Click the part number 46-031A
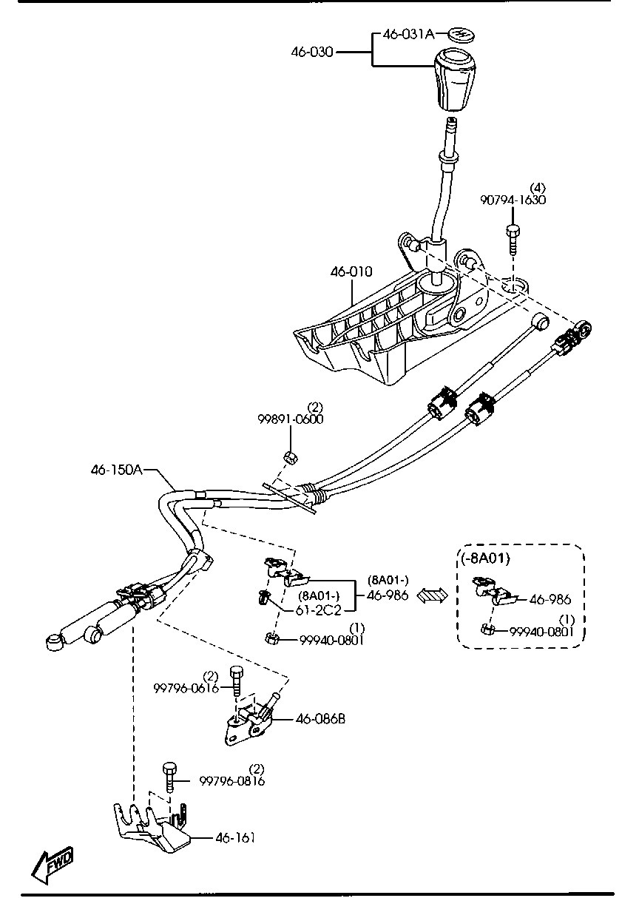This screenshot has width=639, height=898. point(408,34)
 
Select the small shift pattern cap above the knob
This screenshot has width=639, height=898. point(461,34)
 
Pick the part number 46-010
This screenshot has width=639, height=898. point(351,272)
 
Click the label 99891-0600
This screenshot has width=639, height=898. point(291,419)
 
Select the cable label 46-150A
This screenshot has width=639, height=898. point(116,469)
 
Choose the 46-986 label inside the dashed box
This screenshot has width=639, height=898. point(550,599)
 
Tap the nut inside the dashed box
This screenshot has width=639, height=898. point(487,629)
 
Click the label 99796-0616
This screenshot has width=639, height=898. point(186,687)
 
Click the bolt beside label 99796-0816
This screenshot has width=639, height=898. point(170,777)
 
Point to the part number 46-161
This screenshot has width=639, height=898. point(235,837)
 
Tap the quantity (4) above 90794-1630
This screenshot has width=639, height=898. point(538,187)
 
